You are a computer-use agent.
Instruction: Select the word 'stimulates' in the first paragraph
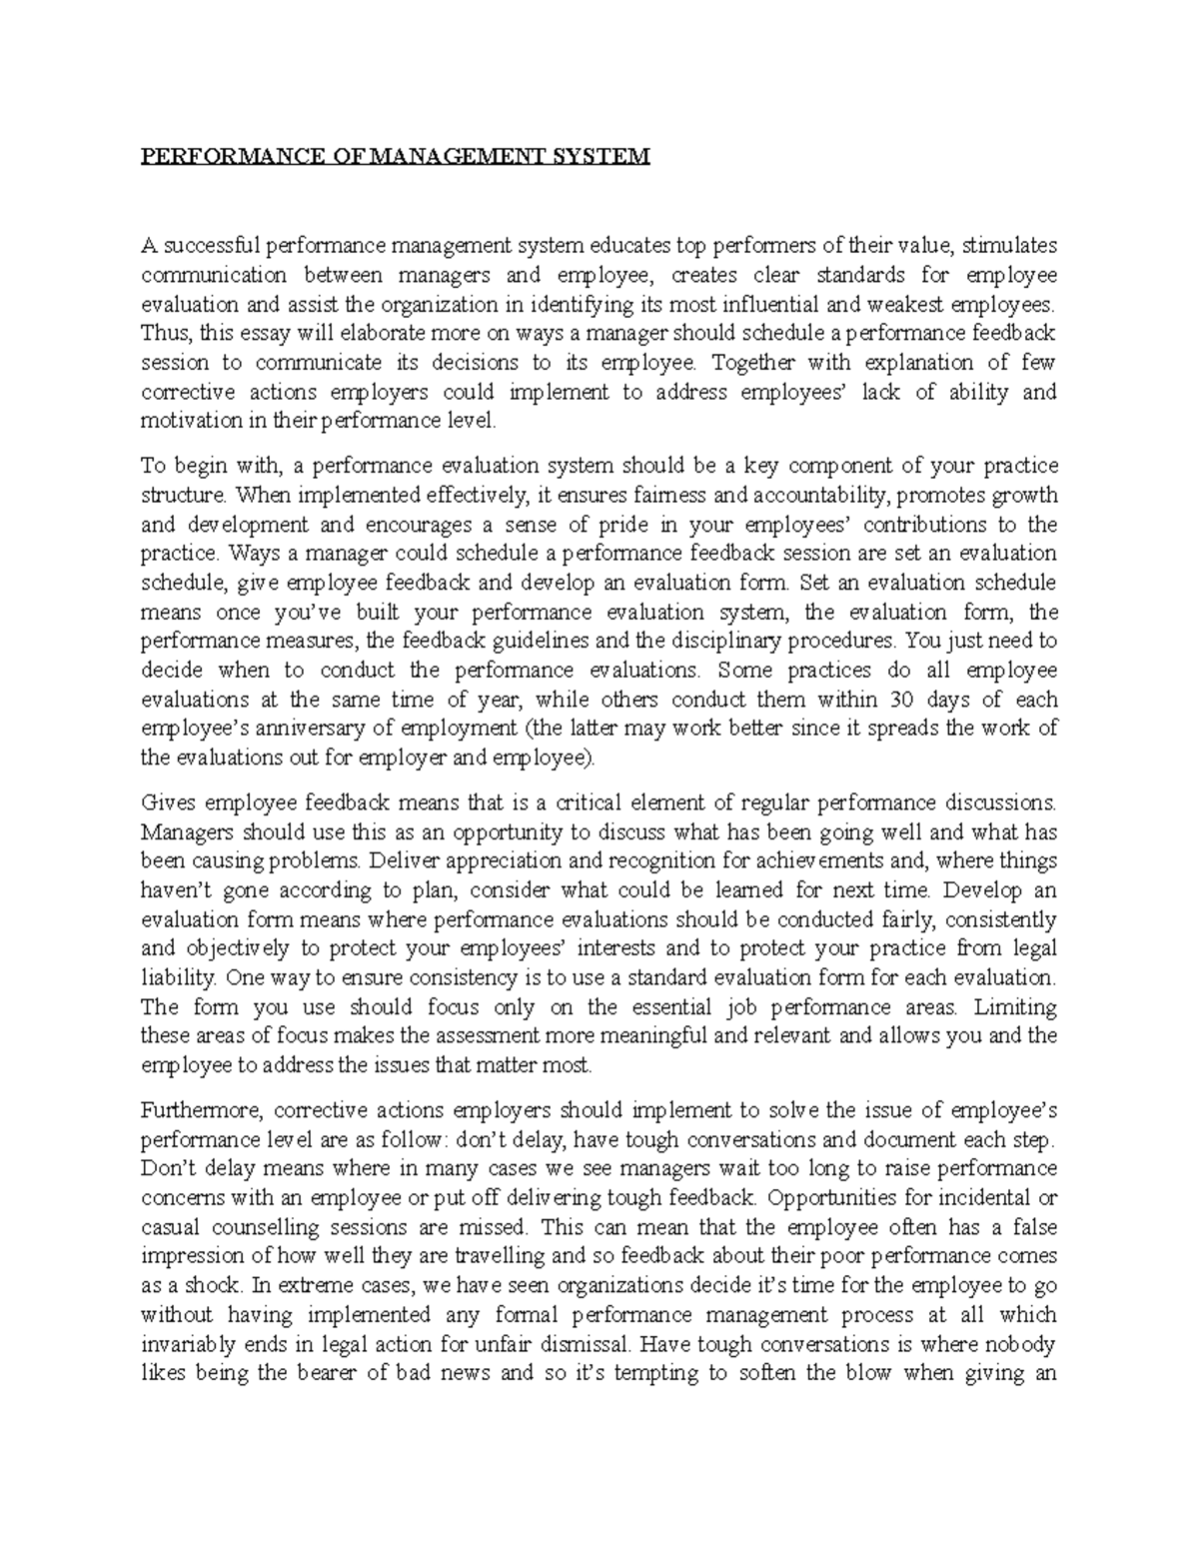(1011, 246)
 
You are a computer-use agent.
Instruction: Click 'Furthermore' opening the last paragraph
(200, 1110)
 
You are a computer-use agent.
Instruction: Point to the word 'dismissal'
(561, 1344)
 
